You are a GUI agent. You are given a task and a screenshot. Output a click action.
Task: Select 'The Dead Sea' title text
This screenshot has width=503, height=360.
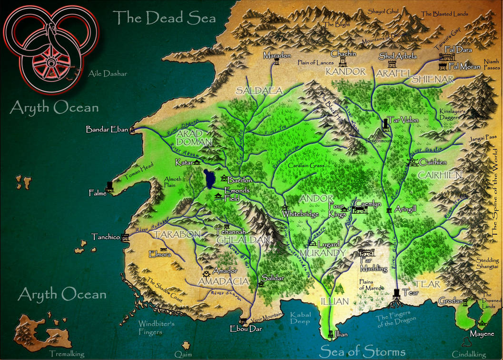pyautogui.click(x=164, y=18)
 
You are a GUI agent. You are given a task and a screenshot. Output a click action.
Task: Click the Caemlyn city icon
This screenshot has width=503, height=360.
pyautogui.click(x=359, y=209)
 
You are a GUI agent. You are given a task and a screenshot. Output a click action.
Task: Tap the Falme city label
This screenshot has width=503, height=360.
pyautogui.click(x=98, y=193)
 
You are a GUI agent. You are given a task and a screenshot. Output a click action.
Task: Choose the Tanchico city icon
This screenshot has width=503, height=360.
pyautogui.click(x=126, y=236)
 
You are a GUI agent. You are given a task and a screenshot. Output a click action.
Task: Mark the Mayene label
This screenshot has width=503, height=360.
pyautogui.click(x=482, y=334)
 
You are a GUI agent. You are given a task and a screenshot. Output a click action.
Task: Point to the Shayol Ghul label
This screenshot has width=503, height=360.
pyautogui.click(x=384, y=11)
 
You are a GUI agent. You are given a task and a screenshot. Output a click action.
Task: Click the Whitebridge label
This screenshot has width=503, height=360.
pyautogui.click(x=300, y=214)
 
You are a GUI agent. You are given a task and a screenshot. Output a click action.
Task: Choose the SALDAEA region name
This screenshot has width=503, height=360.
pyautogui.click(x=259, y=90)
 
